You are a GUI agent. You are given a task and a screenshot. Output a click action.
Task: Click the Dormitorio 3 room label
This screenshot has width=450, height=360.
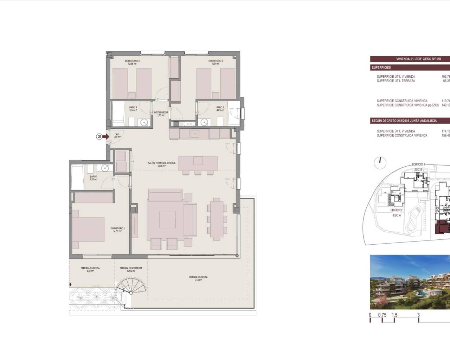[132, 61]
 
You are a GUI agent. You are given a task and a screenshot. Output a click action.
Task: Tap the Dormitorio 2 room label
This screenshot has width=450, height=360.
[216, 61]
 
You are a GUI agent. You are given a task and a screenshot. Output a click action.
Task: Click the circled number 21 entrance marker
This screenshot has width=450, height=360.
[100, 136]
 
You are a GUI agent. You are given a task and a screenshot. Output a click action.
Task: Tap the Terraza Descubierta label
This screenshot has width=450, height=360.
[131, 268]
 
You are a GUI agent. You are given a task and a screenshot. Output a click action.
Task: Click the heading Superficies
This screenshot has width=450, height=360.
[381, 67]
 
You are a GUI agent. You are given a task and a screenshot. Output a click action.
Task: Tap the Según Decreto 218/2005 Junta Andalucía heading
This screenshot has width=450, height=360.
[404, 121]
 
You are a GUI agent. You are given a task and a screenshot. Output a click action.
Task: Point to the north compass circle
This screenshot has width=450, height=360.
[380, 162]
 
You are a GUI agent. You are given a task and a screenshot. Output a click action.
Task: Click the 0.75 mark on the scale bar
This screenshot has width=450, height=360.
[382, 315]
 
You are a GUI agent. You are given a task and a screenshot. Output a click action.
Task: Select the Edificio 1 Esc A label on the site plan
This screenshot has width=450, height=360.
[397, 212]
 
